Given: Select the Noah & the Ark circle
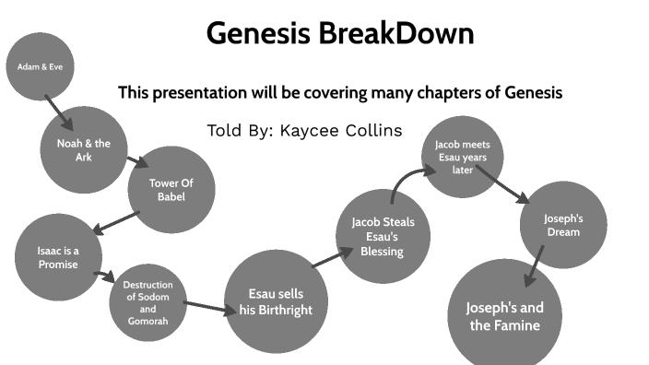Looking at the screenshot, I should tap(83, 149).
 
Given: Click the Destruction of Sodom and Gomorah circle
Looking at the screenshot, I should tap(147, 302).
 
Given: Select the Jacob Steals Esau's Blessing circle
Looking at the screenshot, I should tap(383, 236).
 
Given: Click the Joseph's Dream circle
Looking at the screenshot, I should tap(562, 225).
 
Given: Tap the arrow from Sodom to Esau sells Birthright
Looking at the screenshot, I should tap(210, 307).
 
